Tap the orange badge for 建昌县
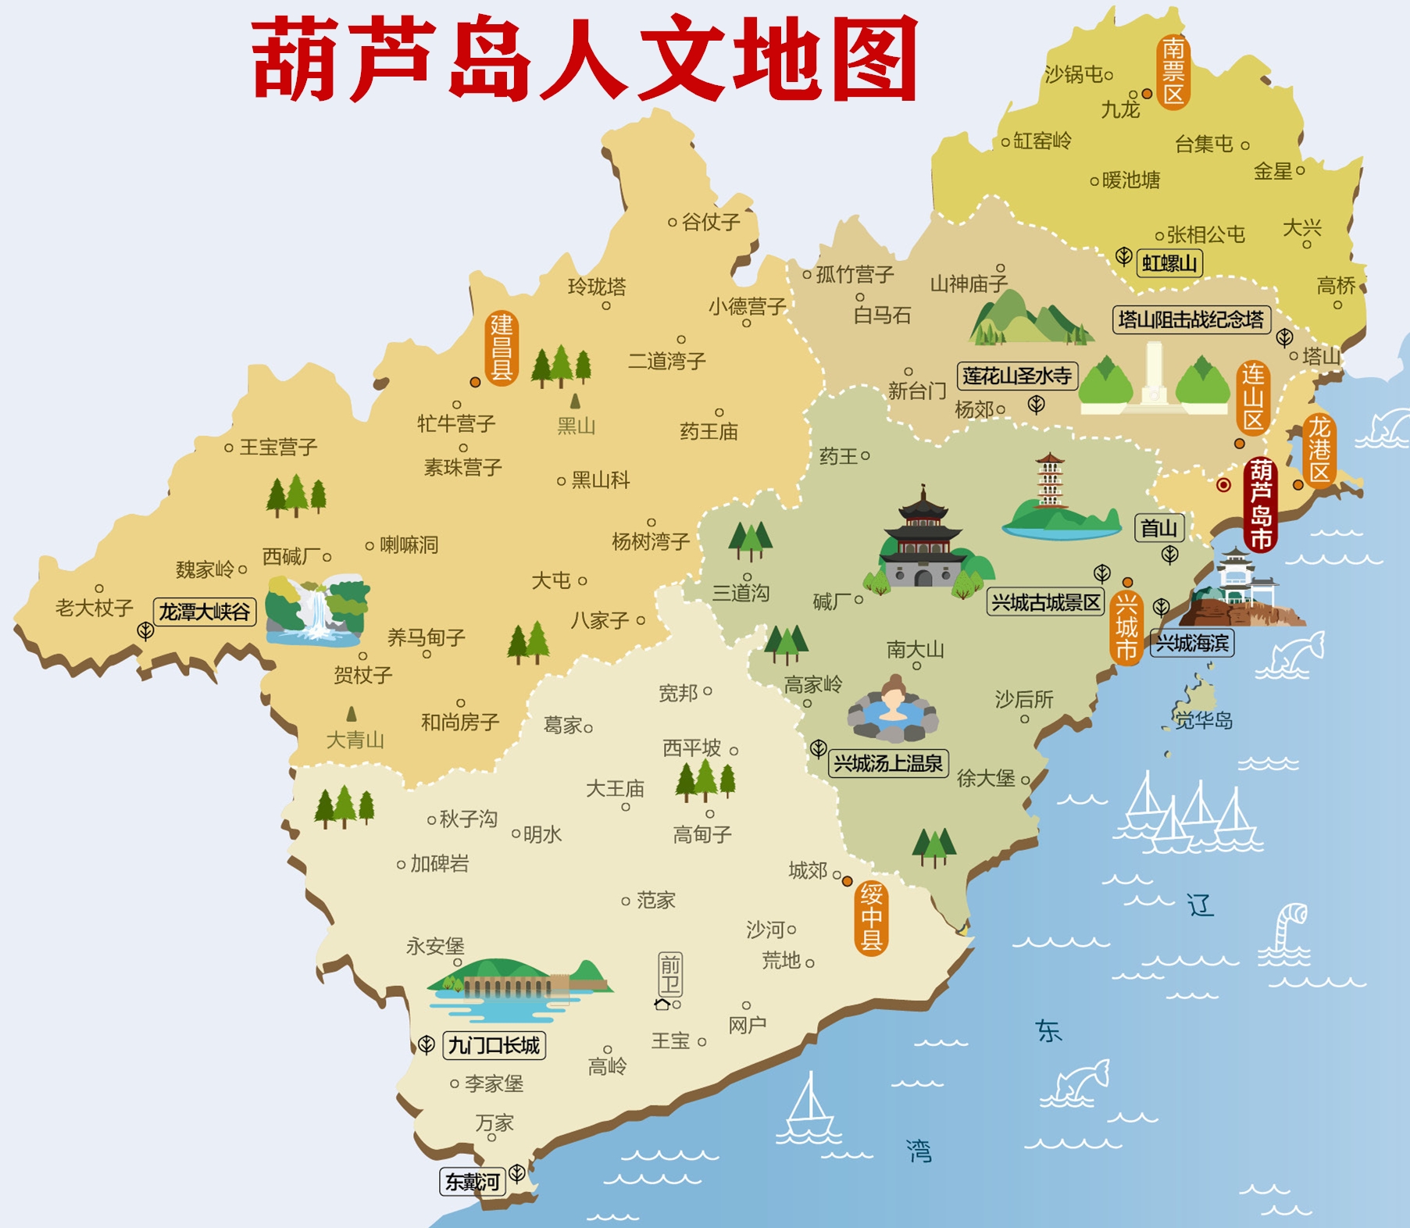point(501,348)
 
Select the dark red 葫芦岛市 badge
point(1259,505)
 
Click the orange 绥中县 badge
point(871,917)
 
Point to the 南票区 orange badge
point(1173,72)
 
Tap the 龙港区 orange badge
point(1319,451)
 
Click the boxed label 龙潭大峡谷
point(205,612)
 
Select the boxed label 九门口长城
point(494,1045)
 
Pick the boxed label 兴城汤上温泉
point(888,763)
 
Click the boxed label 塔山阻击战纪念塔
point(1190,319)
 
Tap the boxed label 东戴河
point(472,1182)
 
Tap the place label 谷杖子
point(710,222)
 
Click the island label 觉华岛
point(1204,720)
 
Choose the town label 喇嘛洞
point(409,544)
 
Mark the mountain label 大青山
point(355,739)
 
